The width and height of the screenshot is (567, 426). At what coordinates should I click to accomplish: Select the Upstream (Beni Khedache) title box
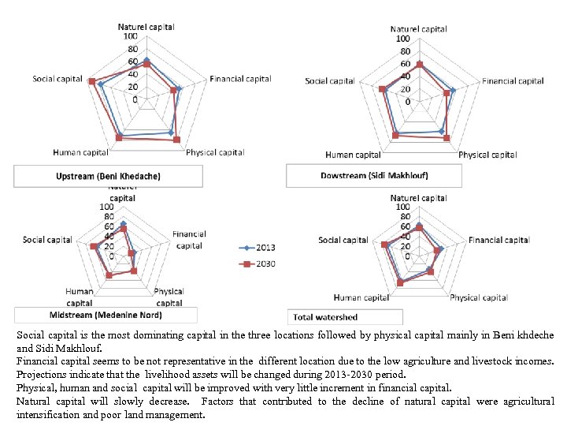[x=108, y=176]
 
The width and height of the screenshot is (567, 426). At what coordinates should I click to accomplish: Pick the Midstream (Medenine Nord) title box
[x=112, y=315]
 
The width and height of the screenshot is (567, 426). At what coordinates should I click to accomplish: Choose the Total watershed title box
[x=325, y=317]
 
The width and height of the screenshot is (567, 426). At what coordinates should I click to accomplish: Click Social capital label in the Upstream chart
[x=57, y=79]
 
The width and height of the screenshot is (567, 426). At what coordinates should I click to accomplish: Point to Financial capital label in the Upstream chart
[x=240, y=79]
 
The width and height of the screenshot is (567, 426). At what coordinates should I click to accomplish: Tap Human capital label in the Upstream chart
[x=80, y=152]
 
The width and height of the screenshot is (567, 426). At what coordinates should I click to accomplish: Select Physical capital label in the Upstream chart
[x=215, y=152]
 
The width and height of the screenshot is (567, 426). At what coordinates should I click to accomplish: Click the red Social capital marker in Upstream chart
[x=92, y=82]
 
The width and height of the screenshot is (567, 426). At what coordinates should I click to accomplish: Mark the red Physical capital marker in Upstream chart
[x=177, y=140]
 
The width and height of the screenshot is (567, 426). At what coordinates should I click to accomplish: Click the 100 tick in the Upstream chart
[x=130, y=36]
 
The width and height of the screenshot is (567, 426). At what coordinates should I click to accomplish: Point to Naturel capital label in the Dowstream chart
[x=418, y=29]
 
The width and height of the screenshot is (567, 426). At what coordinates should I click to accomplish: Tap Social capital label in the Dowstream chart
[x=330, y=81]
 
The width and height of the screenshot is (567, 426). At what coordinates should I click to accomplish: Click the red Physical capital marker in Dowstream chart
[x=447, y=138]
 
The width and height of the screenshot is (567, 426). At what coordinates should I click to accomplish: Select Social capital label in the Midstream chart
[x=47, y=240]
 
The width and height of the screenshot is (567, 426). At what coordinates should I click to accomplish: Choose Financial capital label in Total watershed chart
[x=498, y=240]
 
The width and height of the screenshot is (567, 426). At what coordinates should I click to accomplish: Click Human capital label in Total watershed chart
[x=361, y=297]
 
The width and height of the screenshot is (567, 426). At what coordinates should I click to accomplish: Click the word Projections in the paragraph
[x=40, y=375]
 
